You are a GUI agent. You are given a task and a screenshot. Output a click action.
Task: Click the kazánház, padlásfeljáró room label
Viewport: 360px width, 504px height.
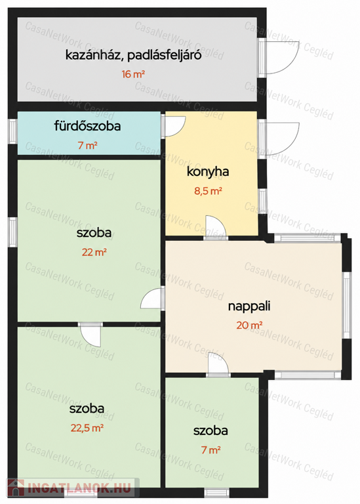click(x=133, y=55)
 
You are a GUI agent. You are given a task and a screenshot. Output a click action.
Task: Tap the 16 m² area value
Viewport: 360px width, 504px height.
click(x=133, y=74)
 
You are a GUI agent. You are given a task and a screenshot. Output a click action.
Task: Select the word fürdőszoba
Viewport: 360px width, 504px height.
click(x=87, y=126)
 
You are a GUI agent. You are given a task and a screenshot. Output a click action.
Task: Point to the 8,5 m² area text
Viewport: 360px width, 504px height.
click(x=208, y=191)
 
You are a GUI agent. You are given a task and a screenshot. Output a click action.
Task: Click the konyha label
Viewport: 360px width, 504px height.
click(x=208, y=171)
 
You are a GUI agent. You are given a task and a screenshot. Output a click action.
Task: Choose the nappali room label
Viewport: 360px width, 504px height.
click(x=249, y=306)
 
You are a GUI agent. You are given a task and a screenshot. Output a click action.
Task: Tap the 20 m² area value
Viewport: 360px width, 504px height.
click(x=249, y=325)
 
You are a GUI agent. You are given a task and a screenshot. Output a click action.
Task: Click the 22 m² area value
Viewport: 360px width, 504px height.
click(x=94, y=252)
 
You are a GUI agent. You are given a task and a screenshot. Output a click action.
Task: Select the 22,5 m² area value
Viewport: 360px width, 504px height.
click(x=87, y=428)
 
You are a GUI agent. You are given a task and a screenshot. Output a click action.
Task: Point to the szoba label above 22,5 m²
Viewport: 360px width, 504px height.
click(x=87, y=409)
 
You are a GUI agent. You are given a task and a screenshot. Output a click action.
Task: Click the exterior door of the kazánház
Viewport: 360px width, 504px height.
click(x=279, y=58)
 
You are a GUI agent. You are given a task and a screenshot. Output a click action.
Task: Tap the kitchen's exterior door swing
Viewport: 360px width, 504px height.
click(x=279, y=139)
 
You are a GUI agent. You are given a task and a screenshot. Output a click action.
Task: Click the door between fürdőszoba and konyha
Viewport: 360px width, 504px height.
click(x=173, y=126)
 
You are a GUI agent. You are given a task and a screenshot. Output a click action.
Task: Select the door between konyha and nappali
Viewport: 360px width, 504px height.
click(x=216, y=228)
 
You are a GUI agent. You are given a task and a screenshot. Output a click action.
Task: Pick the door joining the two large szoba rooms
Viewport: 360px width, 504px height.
click(x=90, y=335)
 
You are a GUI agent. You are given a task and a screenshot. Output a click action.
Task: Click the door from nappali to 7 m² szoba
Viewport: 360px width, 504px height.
click(x=218, y=364)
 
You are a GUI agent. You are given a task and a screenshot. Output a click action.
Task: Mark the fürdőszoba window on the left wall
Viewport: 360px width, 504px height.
click(x=12, y=131)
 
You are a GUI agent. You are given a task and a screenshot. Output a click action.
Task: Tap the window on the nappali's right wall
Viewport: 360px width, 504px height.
click(x=346, y=305)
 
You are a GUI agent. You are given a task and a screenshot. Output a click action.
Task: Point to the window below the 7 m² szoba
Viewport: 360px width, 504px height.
click(x=217, y=492)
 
